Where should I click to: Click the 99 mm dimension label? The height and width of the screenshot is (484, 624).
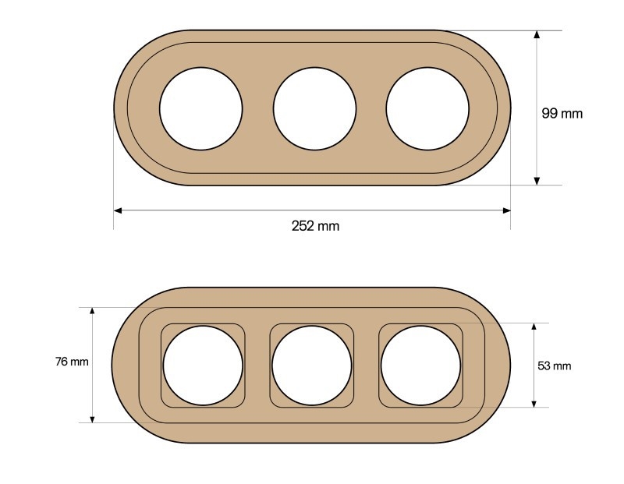[562, 113]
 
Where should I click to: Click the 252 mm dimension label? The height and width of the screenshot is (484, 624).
[315, 226]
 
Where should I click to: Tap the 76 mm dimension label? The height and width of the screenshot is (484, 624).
[72, 362]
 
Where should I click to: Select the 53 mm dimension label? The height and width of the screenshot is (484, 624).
[554, 366]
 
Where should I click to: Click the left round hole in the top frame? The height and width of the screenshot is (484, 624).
[201, 108]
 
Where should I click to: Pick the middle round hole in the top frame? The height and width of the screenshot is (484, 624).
[315, 108]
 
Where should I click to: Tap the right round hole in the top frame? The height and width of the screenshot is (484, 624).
[427, 108]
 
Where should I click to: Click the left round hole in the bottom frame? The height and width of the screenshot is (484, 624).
[203, 366]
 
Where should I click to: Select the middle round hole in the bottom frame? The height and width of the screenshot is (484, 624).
[312, 366]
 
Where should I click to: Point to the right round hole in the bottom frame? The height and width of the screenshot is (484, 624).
[420, 366]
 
